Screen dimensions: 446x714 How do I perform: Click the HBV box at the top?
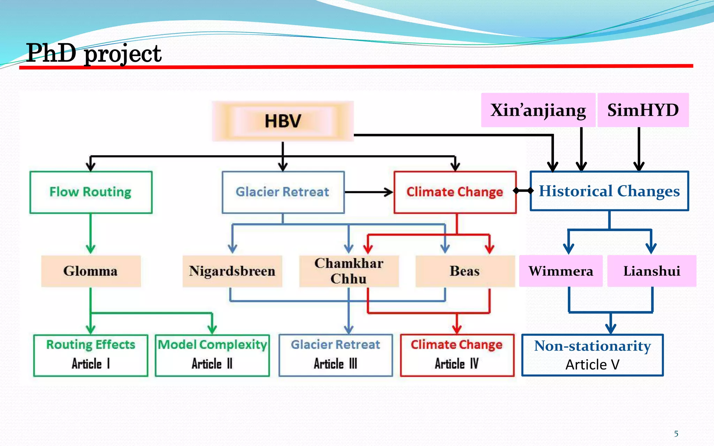[x=283, y=121]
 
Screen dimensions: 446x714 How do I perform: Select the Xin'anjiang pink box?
[x=538, y=110]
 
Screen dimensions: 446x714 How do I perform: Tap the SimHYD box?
[x=643, y=110]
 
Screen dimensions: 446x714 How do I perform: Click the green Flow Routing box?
[x=91, y=192]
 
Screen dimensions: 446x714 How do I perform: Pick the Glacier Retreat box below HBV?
[x=283, y=192]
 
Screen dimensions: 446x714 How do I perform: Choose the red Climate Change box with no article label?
[x=455, y=192]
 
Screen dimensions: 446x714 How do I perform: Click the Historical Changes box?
[x=609, y=191]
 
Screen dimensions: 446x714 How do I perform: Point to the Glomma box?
[x=91, y=271]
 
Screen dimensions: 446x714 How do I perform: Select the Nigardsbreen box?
[x=232, y=271]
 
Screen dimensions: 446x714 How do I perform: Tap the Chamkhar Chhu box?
[x=349, y=271]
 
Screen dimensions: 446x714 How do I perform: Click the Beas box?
[x=465, y=271]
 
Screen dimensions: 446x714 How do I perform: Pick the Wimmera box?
[x=561, y=271]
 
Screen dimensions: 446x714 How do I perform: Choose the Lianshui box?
[x=652, y=271]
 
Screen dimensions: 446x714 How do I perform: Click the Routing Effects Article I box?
[x=91, y=355]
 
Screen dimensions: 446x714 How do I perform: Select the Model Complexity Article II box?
[x=212, y=355]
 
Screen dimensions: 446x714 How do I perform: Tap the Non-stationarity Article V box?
[x=592, y=355]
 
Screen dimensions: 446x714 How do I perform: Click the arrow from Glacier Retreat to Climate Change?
[x=369, y=192]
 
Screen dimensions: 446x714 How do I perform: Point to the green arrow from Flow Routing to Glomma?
[x=91, y=233]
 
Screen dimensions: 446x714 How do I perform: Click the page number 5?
[x=676, y=434]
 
